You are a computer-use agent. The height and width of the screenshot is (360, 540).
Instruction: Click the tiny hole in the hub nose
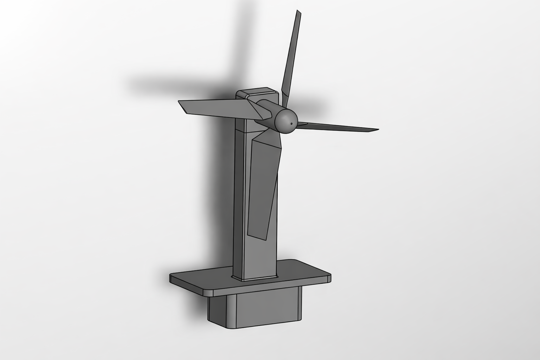pyautogui.click(x=292, y=124)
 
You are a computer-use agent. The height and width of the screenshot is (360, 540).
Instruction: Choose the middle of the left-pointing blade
pyautogui.click(x=214, y=107)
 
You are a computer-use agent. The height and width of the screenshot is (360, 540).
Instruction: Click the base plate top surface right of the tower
pyautogui.click(x=302, y=271)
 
